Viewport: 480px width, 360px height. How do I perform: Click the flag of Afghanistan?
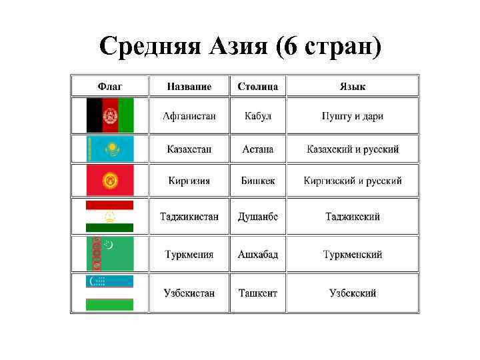pyautogui.click(x=110, y=115)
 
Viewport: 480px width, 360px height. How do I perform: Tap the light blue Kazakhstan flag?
pyautogui.click(x=110, y=149)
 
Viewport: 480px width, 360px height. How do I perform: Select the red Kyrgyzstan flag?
pyautogui.click(x=110, y=180)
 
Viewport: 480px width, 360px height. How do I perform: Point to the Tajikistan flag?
pyautogui.click(x=110, y=216)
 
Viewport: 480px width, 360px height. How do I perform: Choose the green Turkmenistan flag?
pyautogui.click(x=110, y=254)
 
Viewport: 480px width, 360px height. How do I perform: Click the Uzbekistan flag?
pyautogui.click(x=110, y=293)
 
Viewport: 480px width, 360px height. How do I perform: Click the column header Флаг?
pyautogui.click(x=110, y=87)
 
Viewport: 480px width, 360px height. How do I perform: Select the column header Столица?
pyautogui.click(x=257, y=87)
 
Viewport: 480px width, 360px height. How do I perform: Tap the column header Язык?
pyautogui.click(x=353, y=87)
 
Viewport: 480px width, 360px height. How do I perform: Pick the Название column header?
pyautogui.click(x=189, y=87)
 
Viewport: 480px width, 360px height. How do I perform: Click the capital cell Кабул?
pyautogui.click(x=257, y=116)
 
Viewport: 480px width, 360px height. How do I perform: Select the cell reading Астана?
pyautogui.click(x=257, y=149)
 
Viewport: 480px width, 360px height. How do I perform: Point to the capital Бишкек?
pyautogui.click(x=257, y=181)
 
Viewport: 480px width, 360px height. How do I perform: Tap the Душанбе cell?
pyautogui.click(x=257, y=217)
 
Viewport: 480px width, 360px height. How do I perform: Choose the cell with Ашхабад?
pyautogui.click(x=257, y=255)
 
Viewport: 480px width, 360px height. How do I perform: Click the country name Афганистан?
pyautogui.click(x=189, y=116)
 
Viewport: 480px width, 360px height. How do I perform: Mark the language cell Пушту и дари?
pyautogui.click(x=353, y=116)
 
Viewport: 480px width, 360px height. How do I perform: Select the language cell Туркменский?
pyautogui.click(x=353, y=255)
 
